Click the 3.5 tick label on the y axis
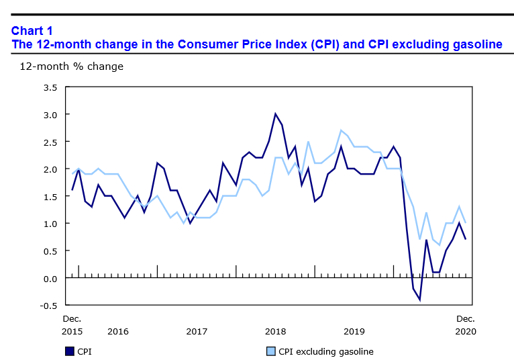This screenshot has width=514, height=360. tap(49, 87)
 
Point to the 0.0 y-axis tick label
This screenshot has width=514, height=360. tap(49, 278)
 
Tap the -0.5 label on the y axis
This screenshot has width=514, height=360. tap(47, 305)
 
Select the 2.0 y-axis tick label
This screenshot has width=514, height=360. tap(49, 169)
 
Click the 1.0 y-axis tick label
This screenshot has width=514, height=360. tap(49, 224)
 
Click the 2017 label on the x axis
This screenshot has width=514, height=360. tap(197, 331)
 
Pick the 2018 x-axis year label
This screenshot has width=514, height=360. tap(275, 331)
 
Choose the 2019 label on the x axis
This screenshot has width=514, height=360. tap(354, 331)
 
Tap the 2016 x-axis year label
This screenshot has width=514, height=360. tap(117, 331)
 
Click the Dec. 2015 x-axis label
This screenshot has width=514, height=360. tap(72, 324)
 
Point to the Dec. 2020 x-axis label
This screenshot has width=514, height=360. tap(466, 324)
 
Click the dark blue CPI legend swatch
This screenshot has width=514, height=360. tap(69, 351)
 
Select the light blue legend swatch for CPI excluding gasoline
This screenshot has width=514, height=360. tap(271, 351)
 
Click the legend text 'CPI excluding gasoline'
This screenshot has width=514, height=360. tap(326, 351)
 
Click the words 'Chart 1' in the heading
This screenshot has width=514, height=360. tap(32, 30)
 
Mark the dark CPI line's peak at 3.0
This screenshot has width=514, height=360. tap(275, 114)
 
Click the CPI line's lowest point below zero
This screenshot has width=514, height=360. tap(419, 300)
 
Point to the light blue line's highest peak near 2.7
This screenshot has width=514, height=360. tap(341, 130)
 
